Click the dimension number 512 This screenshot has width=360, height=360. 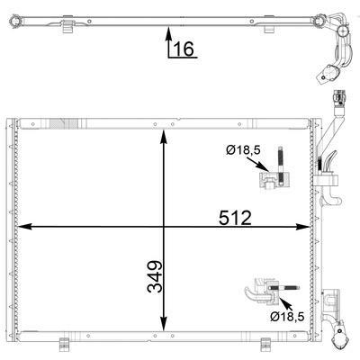click(235, 218)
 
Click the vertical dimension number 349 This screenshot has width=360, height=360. click(155, 276)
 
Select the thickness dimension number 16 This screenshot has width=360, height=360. click(184, 49)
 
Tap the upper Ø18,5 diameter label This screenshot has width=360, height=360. click(243, 149)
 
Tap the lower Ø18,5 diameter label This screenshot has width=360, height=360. click(287, 316)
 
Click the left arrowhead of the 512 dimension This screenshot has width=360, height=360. click(24, 227)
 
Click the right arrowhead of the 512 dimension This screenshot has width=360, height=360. click(302, 227)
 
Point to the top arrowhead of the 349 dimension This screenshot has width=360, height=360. click(164, 137)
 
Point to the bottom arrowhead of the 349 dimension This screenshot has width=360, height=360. click(164, 324)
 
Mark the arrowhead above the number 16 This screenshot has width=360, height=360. click(168, 33)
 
